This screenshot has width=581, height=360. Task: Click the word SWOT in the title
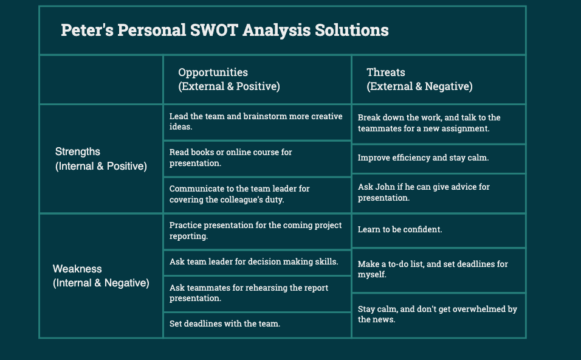pos(214,30)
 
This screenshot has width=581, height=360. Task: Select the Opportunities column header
pos(229,79)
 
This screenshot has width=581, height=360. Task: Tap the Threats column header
pos(419,79)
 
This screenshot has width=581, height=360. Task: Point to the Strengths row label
pos(101,159)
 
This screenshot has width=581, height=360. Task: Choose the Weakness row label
pos(101,276)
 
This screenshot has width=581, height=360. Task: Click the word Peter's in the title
pos(87,30)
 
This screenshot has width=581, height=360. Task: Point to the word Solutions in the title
pos(352,30)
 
